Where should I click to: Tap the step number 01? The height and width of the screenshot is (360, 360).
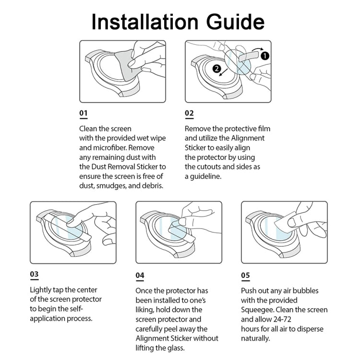pos(84,114)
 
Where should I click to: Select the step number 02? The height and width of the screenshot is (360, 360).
pos(190,114)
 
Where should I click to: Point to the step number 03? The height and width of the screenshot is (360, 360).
pos(34,275)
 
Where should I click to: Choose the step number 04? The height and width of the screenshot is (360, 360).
pos(140,276)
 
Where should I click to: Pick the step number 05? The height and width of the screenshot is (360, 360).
pos(245,276)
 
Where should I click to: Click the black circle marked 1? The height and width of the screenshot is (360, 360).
pos(265,56)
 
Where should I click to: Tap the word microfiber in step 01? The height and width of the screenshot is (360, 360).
pos(111,148)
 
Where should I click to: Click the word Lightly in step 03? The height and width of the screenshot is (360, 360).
pos(42,290)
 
